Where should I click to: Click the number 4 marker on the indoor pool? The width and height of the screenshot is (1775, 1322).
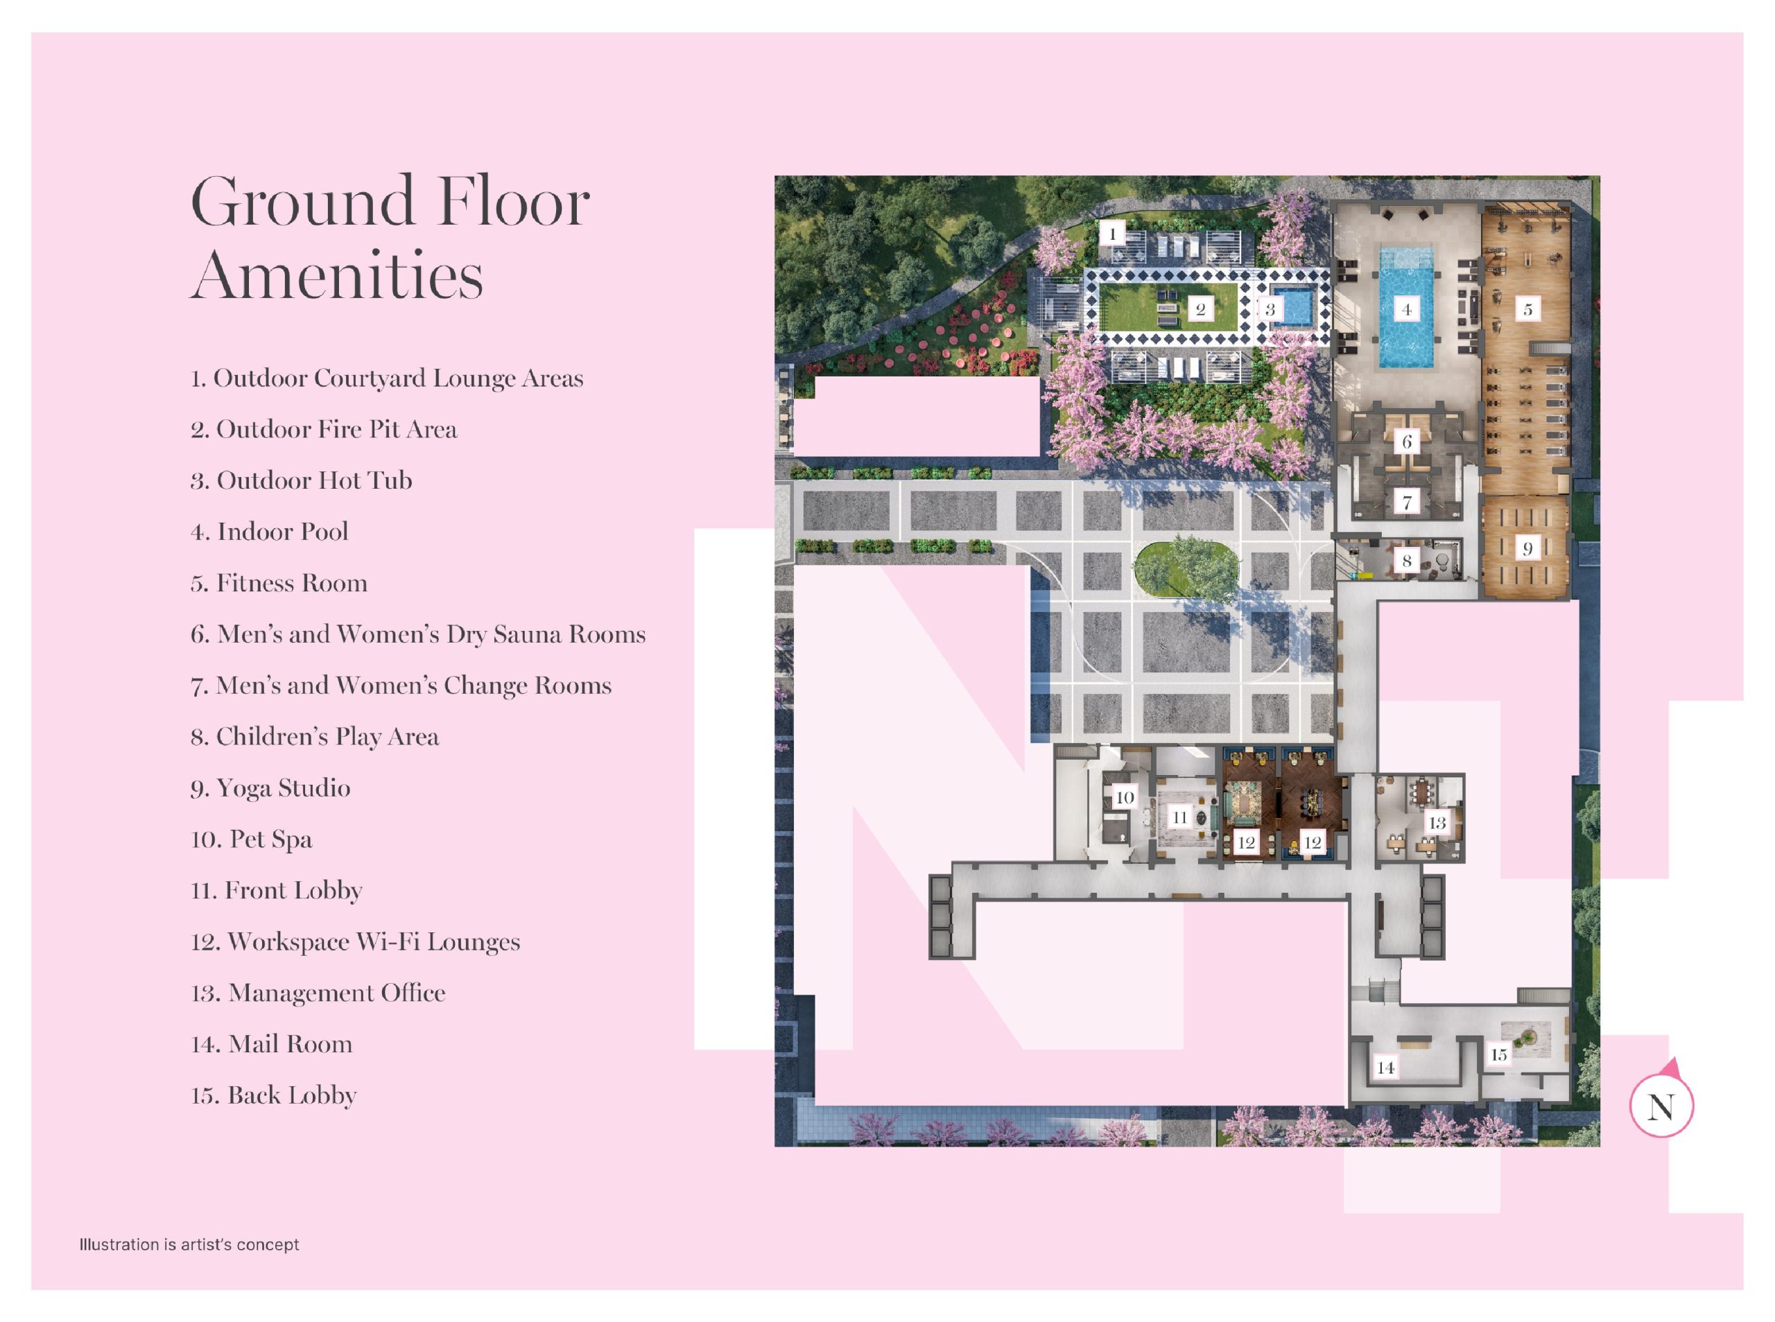(x=1406, y=309)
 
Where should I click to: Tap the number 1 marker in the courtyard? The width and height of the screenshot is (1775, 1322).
(x=1111, y=234)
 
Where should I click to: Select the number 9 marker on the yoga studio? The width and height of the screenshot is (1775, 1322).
(x=1527, y=548)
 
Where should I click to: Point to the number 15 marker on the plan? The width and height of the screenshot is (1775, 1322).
(x=1499, y=1054)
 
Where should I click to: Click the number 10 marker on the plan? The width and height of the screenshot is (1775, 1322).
(x=1125, y=797)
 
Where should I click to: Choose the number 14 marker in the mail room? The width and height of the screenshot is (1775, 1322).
(x=1385, y=1068)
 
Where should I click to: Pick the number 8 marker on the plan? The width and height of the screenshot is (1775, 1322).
(x=1406, y=561)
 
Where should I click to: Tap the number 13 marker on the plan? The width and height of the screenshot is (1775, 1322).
(x=1437, y=823)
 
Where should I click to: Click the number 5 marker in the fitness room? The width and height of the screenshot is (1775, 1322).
(x=1527, y=309)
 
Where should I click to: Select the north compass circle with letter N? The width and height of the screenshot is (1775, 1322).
(x=1661, y=1106)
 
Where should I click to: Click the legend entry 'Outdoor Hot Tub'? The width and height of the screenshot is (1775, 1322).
(x=301, y=480)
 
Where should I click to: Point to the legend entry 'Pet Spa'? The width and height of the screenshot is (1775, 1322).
(x=251, y=839)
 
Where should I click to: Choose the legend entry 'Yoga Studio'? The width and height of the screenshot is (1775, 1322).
(x=270, y=788)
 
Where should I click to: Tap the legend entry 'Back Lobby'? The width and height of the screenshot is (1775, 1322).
(x=274, y=1095)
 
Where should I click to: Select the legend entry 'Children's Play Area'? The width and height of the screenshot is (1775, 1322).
(x=315, y=736)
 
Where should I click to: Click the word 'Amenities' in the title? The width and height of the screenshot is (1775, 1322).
(x=337, y=274)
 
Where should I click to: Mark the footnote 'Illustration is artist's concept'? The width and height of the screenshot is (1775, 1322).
(x=189, y=1244)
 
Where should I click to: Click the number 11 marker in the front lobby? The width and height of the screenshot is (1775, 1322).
(x=1179, y=817)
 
